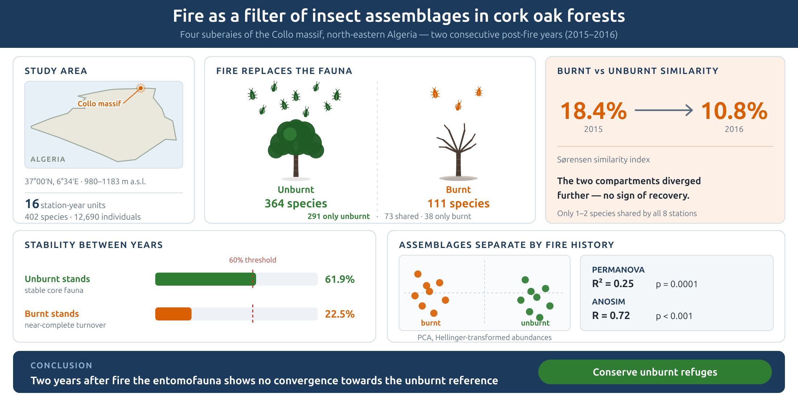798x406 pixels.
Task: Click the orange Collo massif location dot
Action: [141, 88]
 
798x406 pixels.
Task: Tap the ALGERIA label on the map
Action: [48, 159]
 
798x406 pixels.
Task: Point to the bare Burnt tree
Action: [458, 152]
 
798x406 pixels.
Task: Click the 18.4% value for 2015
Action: [593, 111]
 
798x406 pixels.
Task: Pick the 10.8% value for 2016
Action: [734, 111]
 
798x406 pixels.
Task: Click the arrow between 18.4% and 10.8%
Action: [664, 110]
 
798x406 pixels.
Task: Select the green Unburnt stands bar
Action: [206, 279]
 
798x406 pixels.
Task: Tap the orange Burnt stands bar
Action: [173, 314]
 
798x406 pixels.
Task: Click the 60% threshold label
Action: [252, 260]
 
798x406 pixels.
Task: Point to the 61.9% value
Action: [340, 279]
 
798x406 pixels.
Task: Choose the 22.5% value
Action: [340, 314]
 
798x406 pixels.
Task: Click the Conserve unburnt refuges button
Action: [655, 372]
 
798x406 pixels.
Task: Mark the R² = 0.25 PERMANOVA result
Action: [613, 283]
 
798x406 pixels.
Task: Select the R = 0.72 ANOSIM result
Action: [611, 315]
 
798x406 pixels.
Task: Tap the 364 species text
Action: [296, 203]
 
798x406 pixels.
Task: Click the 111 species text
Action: [458, 203]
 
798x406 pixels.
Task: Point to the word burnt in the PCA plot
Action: [431, 323]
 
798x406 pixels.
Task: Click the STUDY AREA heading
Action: [56, 71]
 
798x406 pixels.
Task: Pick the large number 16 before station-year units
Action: [32, 204]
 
